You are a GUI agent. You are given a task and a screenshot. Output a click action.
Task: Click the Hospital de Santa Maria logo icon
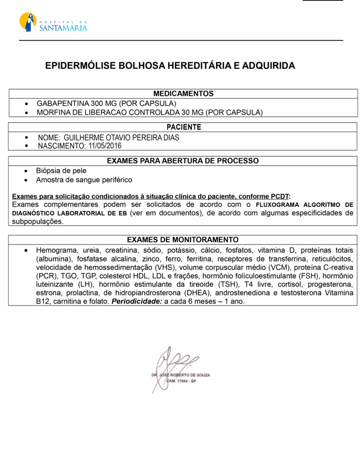28,22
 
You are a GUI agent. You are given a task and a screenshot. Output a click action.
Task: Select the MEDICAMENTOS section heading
183,94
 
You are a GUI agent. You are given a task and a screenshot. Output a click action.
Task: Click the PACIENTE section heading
183,127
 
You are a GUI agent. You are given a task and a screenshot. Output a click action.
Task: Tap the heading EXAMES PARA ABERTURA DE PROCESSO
183,161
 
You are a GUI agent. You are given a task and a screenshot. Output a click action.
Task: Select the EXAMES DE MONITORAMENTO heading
183,240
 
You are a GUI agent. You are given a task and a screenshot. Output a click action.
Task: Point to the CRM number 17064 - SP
181,382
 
